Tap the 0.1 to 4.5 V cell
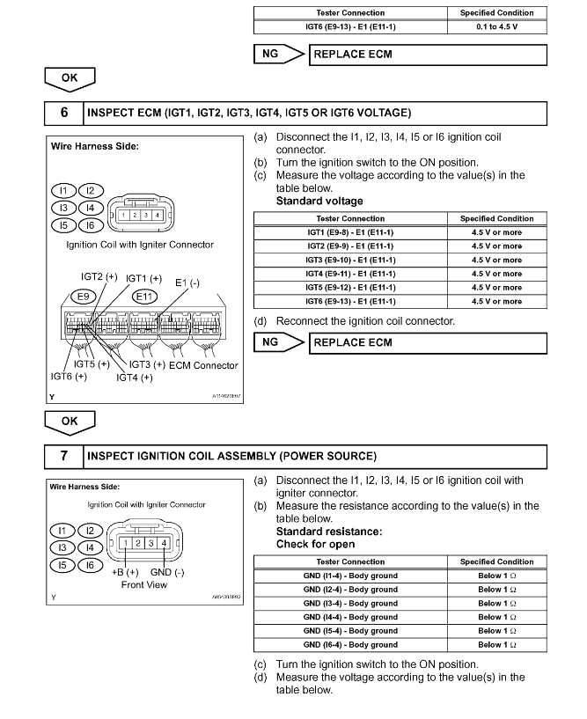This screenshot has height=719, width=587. [x=496, y=27]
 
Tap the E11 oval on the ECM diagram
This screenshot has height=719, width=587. [x=144, y=297]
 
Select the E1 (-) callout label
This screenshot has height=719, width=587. [x=187, y=282]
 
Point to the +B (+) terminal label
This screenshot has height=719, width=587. [x=127, y=572]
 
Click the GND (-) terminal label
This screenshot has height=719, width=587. [x=167, y=572]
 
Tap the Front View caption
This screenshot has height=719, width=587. [x=144, y=584]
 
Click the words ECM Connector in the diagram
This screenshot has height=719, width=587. [x=204, y=365]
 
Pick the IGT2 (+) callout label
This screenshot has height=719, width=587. [x=99, y=276]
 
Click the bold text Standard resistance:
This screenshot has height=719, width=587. [x=328, y=532]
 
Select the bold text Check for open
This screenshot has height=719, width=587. [x=317, y=544]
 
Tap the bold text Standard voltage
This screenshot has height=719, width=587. [x=319, y=201]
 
